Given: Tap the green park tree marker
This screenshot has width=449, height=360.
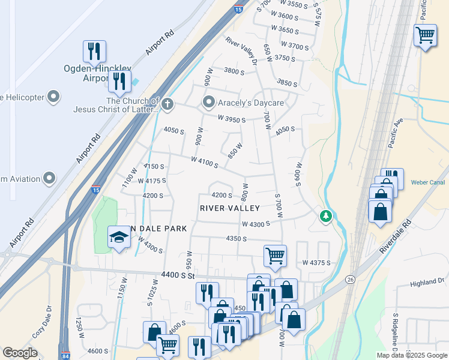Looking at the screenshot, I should (x=325, y=215).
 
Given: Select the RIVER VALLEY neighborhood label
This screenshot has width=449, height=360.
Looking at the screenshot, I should (x=230, y=208).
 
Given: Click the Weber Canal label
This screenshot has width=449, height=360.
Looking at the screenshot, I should (x=427, y=182).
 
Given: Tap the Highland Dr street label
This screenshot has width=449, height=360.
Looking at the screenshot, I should (x=427, y=282).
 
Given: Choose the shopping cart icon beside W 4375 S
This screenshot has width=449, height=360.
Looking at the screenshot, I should (x=275, y=256).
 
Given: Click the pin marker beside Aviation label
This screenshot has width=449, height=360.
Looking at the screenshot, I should (x=49, y=178).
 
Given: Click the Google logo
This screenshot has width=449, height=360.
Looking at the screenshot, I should (x=20, y=353).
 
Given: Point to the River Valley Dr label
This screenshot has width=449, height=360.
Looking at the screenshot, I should (x=241, y=52).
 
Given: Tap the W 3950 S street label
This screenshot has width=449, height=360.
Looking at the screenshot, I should (x=232, y=119).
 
